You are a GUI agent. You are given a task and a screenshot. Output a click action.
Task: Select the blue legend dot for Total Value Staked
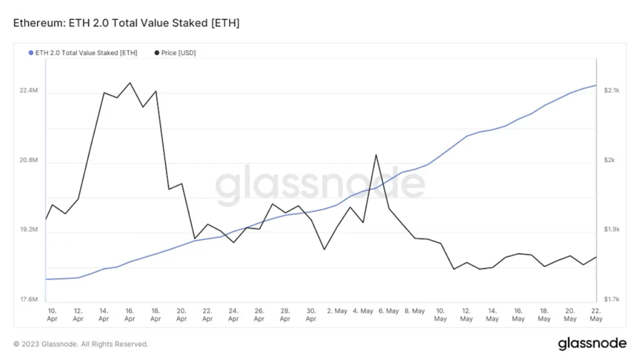coord(31,53)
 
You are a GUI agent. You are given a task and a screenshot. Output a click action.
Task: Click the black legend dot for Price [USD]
coord(156,53)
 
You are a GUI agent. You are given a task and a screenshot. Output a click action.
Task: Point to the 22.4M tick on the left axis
coord(29,91)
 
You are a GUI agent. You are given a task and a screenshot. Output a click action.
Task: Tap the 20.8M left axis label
coord(29,161)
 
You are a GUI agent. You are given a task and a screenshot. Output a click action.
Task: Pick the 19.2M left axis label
coord(29,230)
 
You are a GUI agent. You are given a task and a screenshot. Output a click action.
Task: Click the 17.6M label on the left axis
coord(29,300)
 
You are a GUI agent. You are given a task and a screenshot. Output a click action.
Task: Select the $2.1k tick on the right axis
coord(611,91)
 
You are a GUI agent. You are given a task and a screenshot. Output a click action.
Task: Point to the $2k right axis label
coord(609,161)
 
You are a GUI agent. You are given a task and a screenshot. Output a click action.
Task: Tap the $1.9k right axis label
coord(611,230)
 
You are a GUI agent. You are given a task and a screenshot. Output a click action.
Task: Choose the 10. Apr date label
coord(52,314)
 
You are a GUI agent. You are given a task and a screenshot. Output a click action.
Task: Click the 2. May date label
coord(337,311)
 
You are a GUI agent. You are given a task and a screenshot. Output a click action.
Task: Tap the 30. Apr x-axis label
coord(311,314)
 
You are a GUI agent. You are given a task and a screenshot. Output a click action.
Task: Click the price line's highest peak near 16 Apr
coord(129,82)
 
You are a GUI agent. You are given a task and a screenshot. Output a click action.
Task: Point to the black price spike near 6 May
coord(376,155)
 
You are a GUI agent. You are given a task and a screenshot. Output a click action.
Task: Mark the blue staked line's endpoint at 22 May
coord(596,85)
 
